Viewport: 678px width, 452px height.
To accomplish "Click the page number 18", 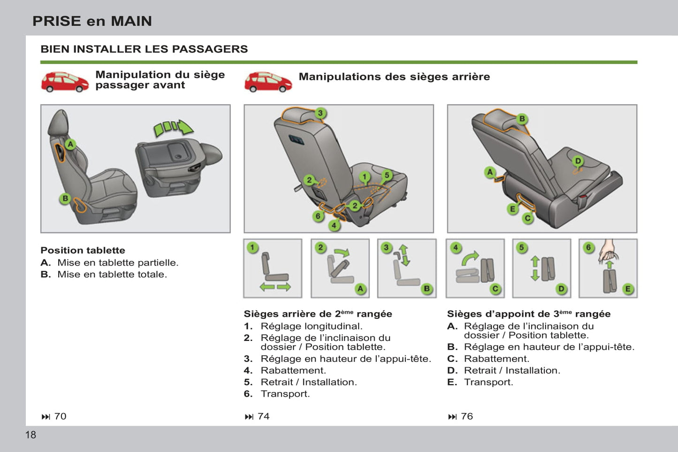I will (30, 435).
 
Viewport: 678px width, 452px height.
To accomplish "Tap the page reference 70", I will (60, 416).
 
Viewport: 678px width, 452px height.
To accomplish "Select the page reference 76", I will (466, 416).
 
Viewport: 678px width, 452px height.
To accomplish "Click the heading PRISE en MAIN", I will (92, 21).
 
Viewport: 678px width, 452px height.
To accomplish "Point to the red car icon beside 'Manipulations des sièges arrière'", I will (268, 82).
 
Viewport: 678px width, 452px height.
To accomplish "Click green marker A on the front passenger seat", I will (70, 144).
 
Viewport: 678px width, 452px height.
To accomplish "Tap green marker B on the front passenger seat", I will (65, 198).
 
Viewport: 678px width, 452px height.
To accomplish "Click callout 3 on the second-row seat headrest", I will (320, 113).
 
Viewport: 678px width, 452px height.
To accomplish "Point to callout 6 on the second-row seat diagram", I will (318, 216).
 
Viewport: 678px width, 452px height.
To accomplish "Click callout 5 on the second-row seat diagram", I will (387, 175).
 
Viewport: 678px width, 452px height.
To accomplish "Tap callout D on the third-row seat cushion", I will (578, 161).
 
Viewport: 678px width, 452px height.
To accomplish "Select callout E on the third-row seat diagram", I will (513, 209).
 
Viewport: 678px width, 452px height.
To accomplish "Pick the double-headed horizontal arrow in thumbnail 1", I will (275, 287).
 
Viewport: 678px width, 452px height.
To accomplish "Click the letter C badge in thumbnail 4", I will (495, 289).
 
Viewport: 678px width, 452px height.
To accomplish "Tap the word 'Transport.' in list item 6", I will (285, 394).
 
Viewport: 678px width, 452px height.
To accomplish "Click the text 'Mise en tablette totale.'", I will (112, 274).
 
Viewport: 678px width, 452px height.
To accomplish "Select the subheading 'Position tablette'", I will (83, 250).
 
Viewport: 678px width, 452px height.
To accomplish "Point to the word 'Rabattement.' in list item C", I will (496, 359).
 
